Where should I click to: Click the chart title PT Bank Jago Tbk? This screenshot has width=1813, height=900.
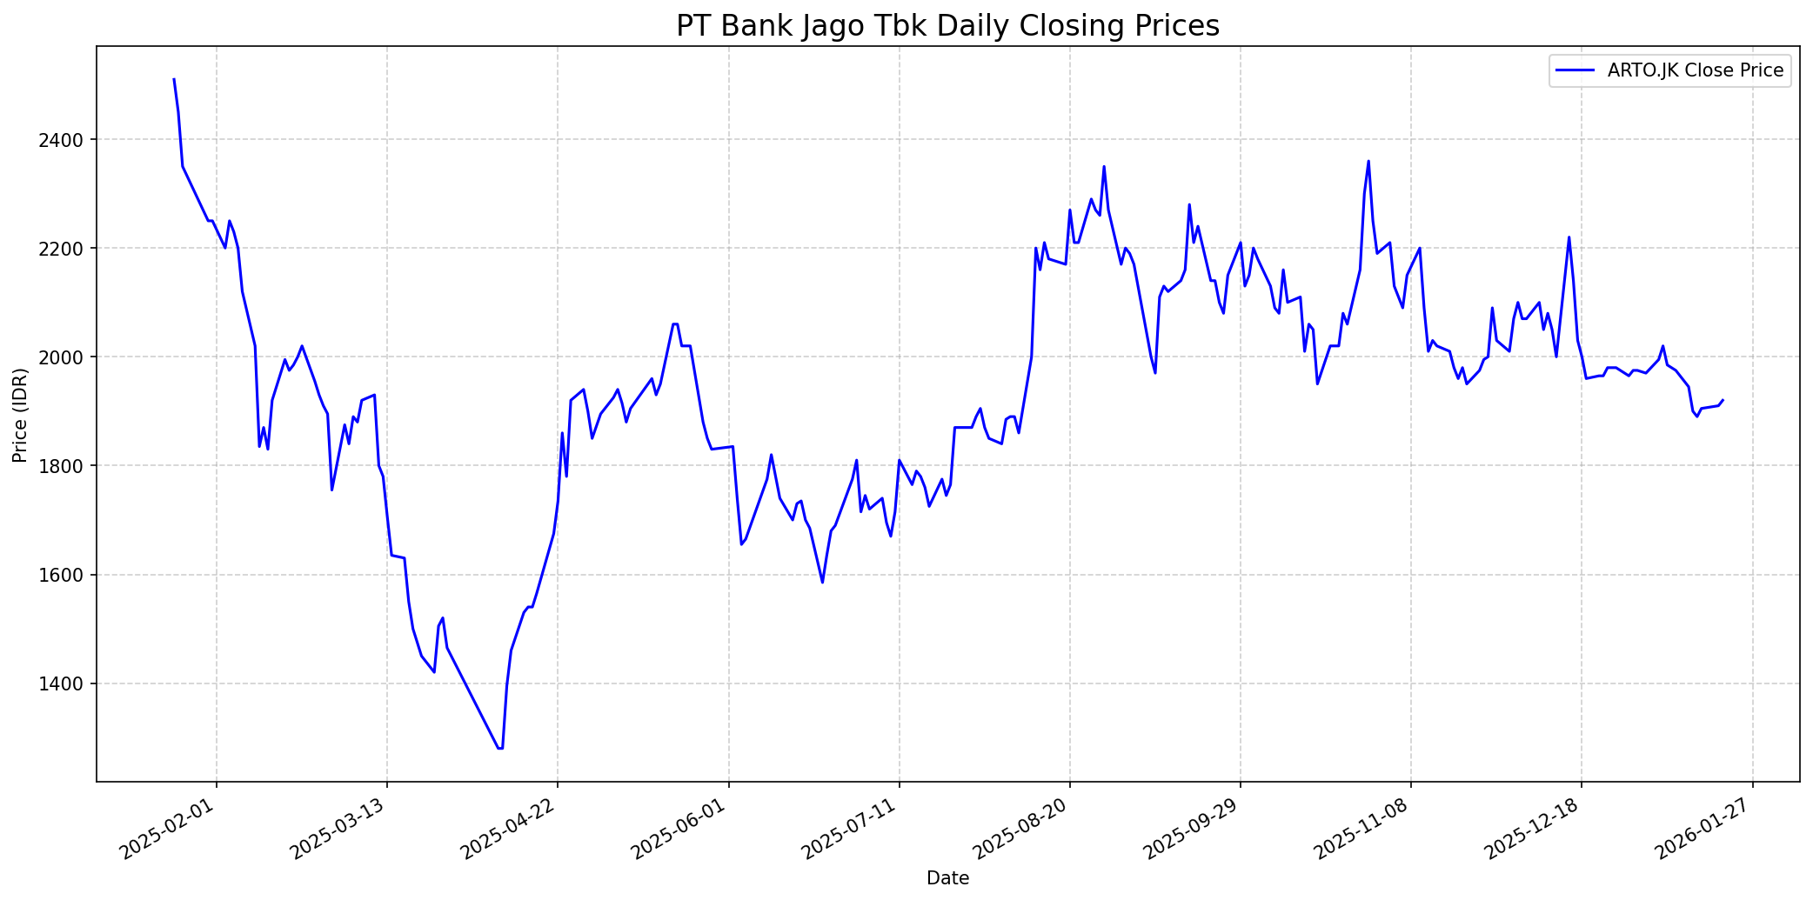947,26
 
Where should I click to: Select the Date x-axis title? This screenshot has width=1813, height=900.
947,878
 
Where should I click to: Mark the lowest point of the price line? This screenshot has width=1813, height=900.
500,749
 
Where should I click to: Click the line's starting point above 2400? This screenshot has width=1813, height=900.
174,79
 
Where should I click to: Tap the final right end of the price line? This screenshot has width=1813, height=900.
1723,400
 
